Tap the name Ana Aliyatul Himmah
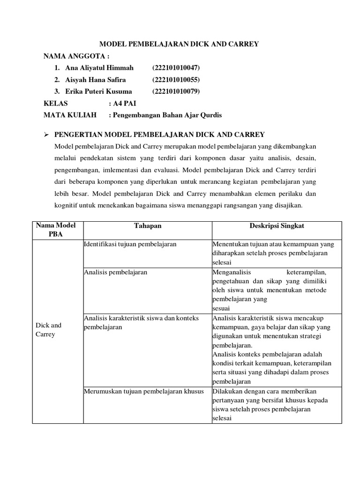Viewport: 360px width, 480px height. pyautogui.click(x=99, y=68)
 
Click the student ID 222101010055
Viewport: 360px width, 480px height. pyautogui.click(x=176, y=80)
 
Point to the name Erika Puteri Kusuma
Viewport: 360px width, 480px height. pyautogui.click(x=98, y=91)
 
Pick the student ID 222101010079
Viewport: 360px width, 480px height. pyautogui.click(x=176, y=91)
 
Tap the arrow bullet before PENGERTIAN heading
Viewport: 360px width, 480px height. pyautogui.click(x=46, y=135)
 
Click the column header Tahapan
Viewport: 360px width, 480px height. pyautogui.click(x=148, y=226)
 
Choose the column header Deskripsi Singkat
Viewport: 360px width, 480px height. pyautogui.click(x=277, y=226)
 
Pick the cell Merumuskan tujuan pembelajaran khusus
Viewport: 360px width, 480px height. pyautogui.click(x=143, y=391)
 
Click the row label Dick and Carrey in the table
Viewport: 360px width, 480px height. pyautogui.click(x=48, y=330)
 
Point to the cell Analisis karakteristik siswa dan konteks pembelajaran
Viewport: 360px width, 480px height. pyautogui.click(x=141, y=322)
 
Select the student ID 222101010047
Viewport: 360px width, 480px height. pyautogui.click(x=176, y=68)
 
